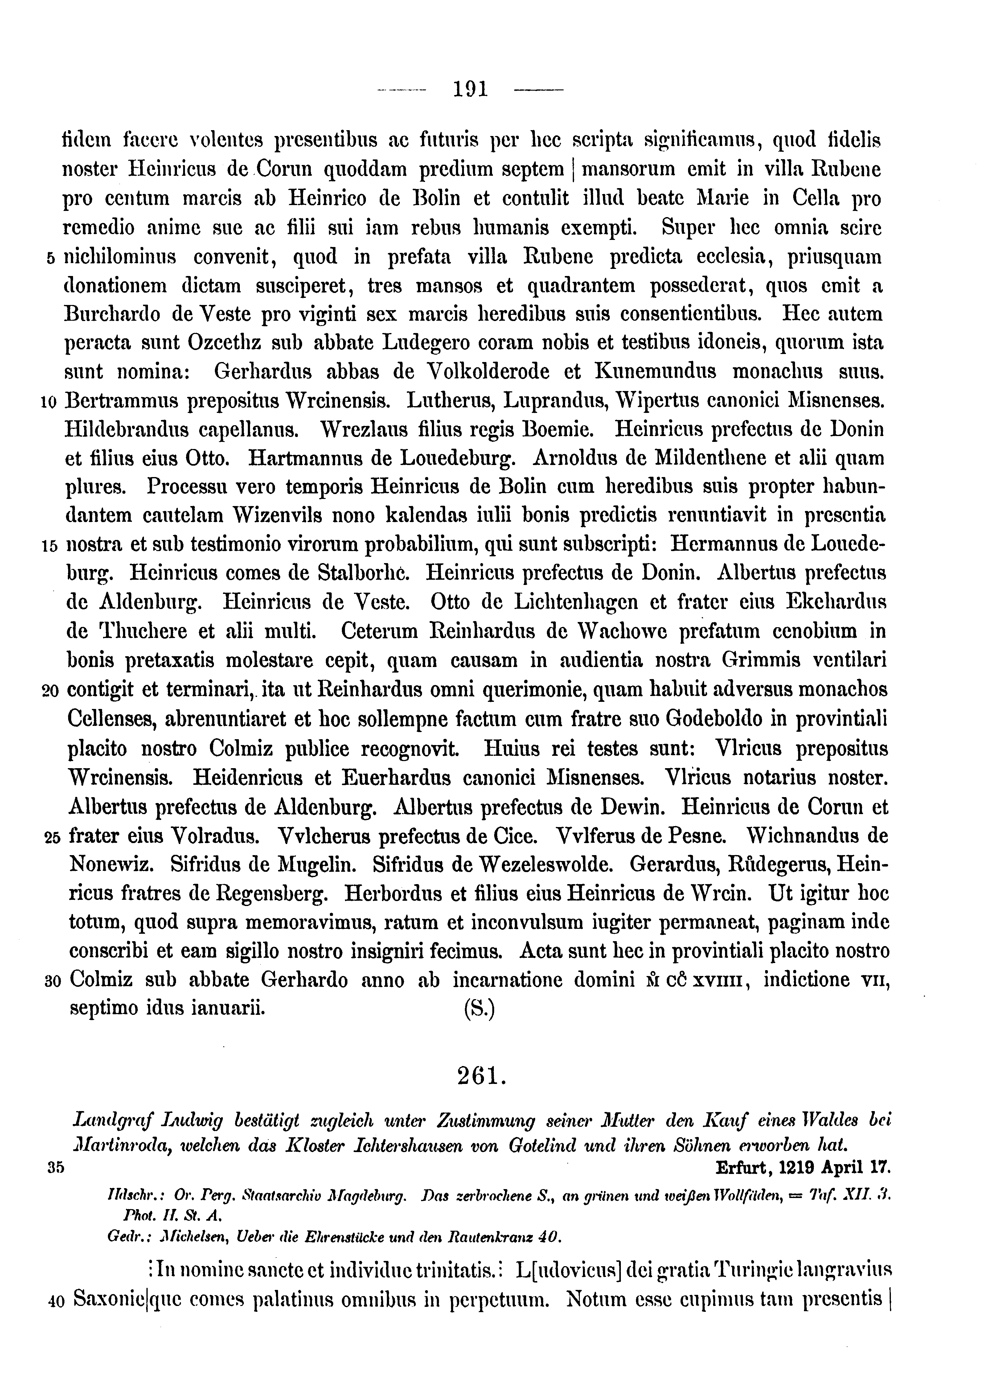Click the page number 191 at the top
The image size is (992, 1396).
(470, 90)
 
